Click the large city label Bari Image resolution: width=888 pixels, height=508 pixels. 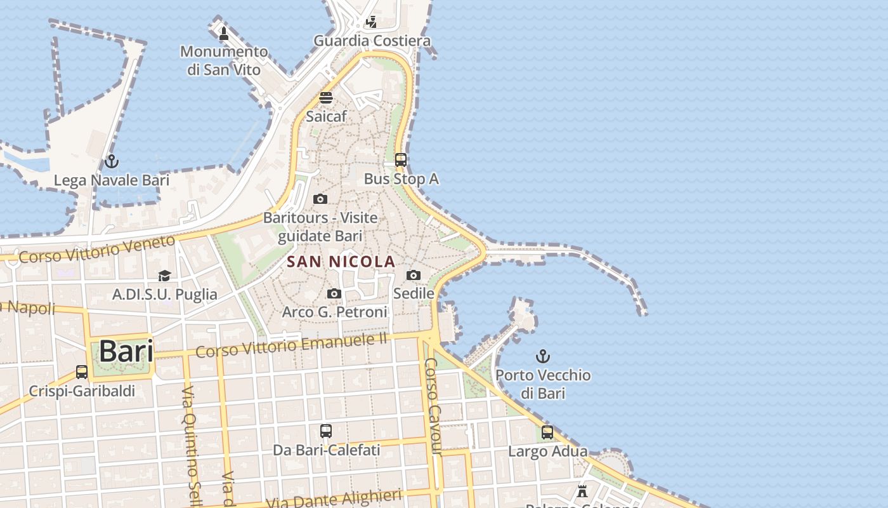(126, 351)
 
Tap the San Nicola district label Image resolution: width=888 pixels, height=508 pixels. (341, 262)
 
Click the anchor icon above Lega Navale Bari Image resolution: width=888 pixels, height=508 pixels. (112, 161)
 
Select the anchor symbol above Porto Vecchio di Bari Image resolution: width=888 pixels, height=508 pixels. (543, 356)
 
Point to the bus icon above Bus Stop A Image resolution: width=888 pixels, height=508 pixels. (401, 160)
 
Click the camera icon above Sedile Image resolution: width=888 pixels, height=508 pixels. (414, 275)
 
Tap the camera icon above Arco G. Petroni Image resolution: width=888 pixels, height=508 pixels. (334, 293)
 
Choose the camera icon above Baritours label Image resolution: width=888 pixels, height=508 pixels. (320, 199)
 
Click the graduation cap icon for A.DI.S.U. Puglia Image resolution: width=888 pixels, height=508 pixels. (165, 276)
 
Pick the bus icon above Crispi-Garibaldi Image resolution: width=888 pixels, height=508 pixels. (82, 372)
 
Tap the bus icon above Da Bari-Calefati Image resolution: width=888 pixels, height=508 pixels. (326, 431)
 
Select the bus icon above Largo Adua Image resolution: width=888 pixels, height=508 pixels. (547, 432)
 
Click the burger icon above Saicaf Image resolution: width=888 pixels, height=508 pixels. (326, 98)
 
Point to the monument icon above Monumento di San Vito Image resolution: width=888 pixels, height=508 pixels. (223, 33)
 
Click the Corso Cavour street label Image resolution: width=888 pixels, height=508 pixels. (433, 406)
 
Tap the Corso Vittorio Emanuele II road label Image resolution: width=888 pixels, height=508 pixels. (291, 345)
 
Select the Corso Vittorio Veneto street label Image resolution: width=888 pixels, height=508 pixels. (96, 250)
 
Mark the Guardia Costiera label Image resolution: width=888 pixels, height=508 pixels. (372, 41)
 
